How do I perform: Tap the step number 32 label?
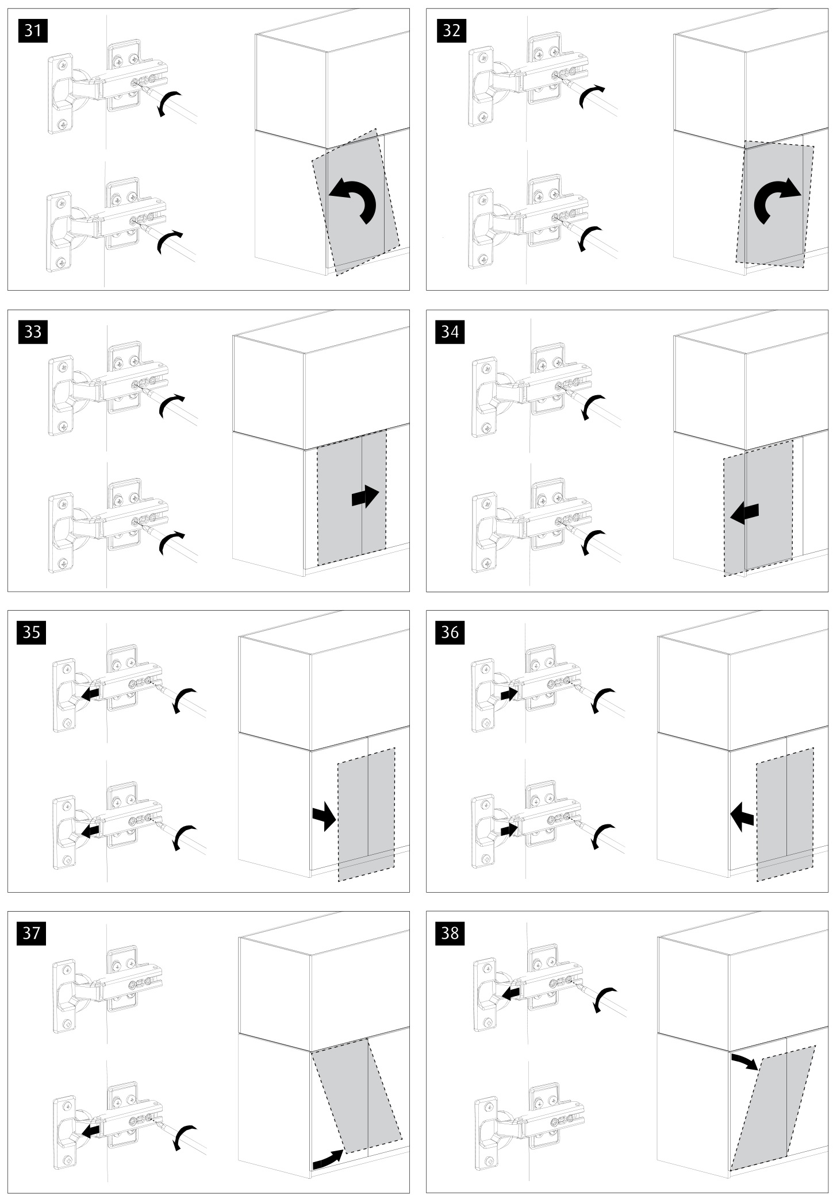coord(451,30)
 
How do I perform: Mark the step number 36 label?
coord(451,632)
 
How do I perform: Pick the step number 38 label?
coord(451,933)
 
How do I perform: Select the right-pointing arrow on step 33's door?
coord(365,496)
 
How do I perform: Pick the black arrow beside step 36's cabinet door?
coord(743,815)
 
